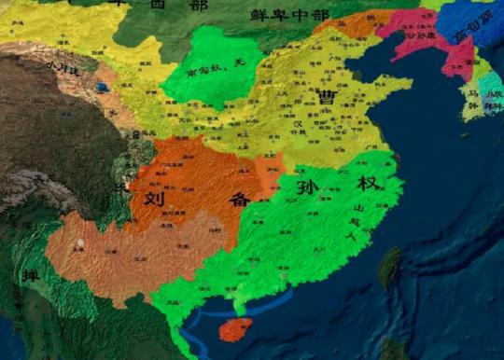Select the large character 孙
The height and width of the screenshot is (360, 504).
pos(307,187)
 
